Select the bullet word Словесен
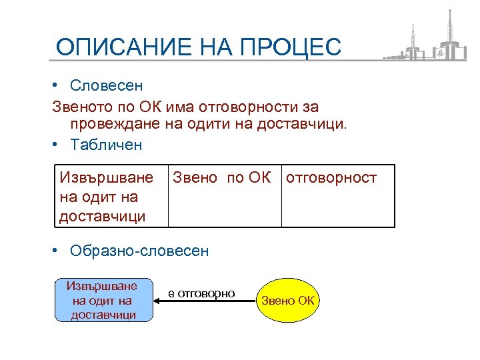coord(105,86)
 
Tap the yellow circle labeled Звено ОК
coord(287,301)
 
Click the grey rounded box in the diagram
coord(103,300)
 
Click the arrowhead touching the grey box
coord(159,301)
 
